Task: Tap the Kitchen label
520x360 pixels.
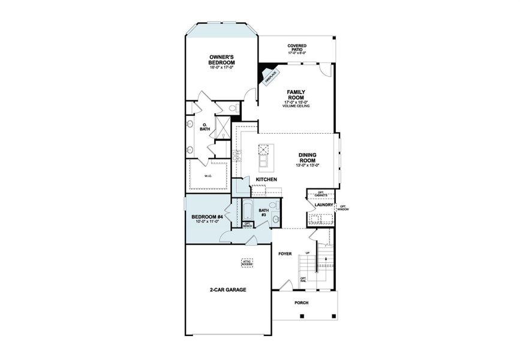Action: coord(266,179)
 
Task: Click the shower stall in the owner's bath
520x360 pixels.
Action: coord(221,127)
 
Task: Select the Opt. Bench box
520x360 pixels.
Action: coord(247,225)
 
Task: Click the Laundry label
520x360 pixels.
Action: coord(324,205)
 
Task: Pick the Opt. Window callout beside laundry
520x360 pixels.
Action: coord(342,208)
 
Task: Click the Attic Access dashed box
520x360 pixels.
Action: coord(247,263)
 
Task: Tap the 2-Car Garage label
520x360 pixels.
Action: coord(228,289)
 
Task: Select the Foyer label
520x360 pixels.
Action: coord(285,254)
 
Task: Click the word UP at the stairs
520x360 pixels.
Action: coord(308,253)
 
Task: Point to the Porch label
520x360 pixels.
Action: coord(301,302)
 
